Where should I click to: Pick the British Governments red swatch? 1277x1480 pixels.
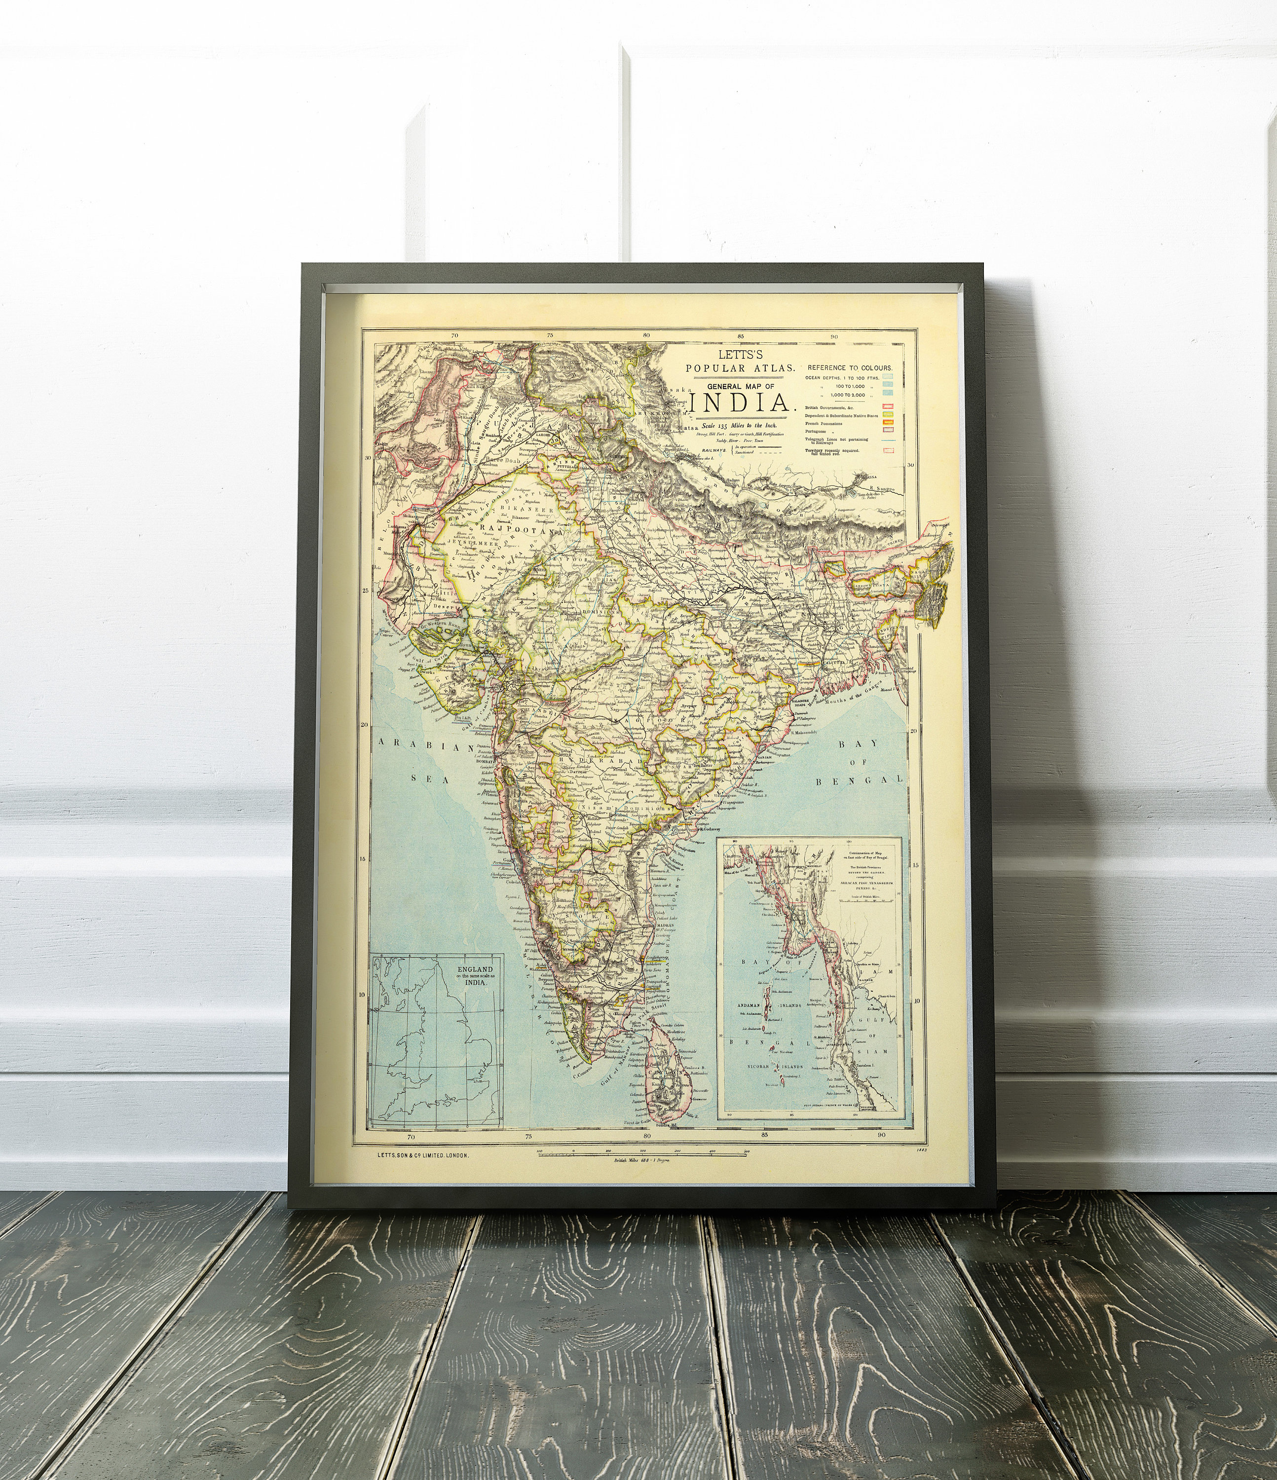(x=889, y=407)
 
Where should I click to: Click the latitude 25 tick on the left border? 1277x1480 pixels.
(x=365, y=591)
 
